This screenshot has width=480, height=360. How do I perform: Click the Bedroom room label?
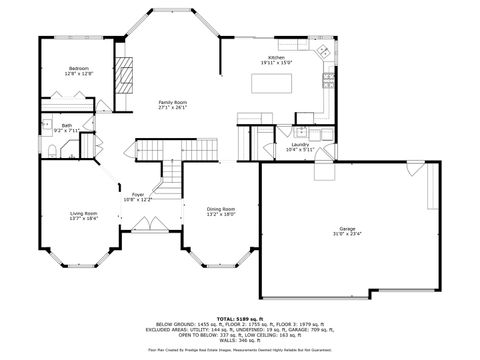(x=79, y=67)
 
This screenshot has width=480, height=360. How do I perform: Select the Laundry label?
(x=299, y=145)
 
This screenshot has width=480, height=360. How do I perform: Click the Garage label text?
(x=347, y=229)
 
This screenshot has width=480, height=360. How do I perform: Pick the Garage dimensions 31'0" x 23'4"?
(x=347, y=235)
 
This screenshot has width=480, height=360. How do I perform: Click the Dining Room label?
(x=220, y=208)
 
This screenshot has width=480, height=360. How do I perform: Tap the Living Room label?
(x=83, y=213)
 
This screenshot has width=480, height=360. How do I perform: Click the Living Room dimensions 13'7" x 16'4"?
(x=83, y=218)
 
